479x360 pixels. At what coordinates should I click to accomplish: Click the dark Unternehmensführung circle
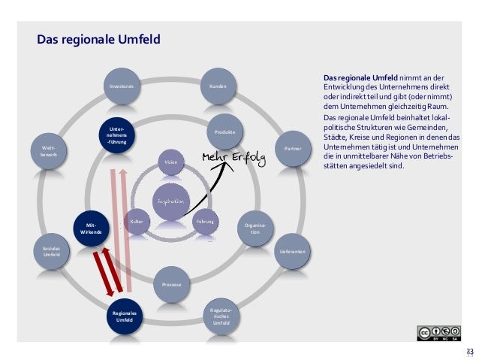pyautogui.click(x=118, y=135)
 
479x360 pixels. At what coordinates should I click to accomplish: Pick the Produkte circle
pyautogui.click(x=225, y=132)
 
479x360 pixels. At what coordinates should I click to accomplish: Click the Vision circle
pyautogui.click(x=171, y=163)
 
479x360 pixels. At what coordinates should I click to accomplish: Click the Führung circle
pyautogui.click(x=206, y=222)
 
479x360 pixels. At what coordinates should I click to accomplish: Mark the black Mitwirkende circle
pyautogui.click(x=90, y=228)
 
